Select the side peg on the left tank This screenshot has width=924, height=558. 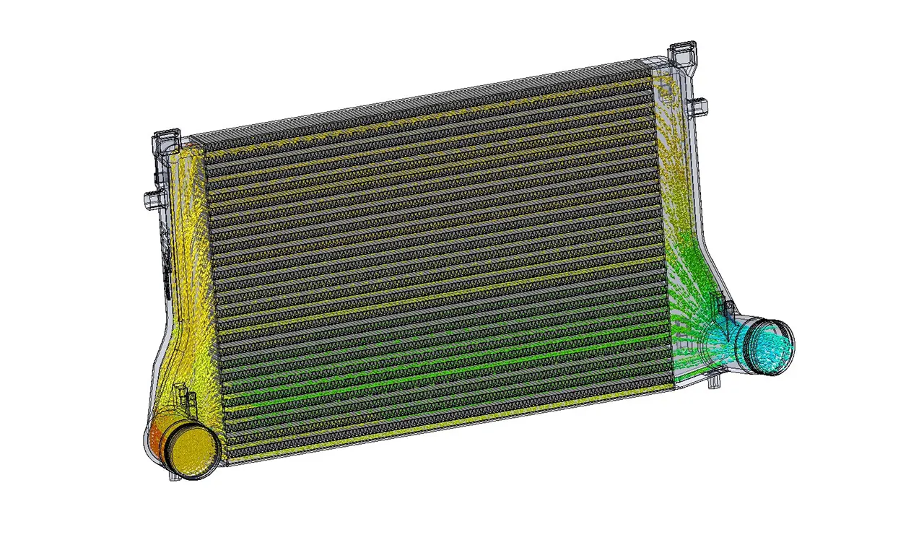pos(150,198)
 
